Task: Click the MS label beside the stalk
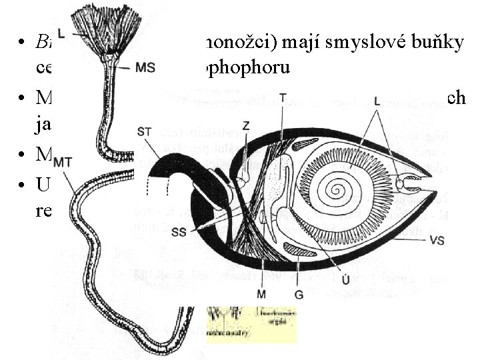coord(147,67)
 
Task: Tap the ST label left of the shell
coord(145,130)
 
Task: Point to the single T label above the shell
coord(283,98)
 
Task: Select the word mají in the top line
coord(260,41)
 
